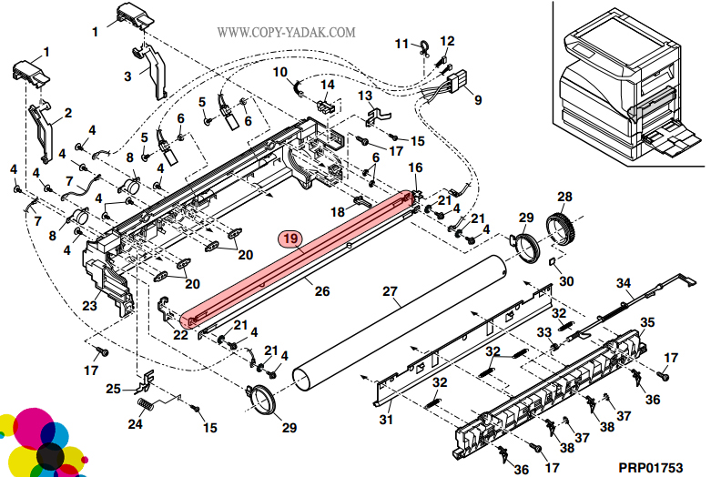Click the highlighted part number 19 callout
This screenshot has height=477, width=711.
pyautogui.click(x=290, y=239)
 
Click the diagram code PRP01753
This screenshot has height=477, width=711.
pyautogui.click(x=650, y=467)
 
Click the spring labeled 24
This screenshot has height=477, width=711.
pyautogui.click(x=145, y=403)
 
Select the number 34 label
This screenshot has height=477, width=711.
pyautogui.click(x=624, y=282)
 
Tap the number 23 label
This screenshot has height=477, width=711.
pyautogui.click(x=89, y=306)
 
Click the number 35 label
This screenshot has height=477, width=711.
pyautogui.click(x=647, y=322)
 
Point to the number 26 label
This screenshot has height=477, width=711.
pyautogui.click(x=322, y=291)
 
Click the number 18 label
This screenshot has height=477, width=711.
pyautogui.click(x=338, y=212)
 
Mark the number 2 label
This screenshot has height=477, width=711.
pyautogui.click(x=67, y=115)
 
